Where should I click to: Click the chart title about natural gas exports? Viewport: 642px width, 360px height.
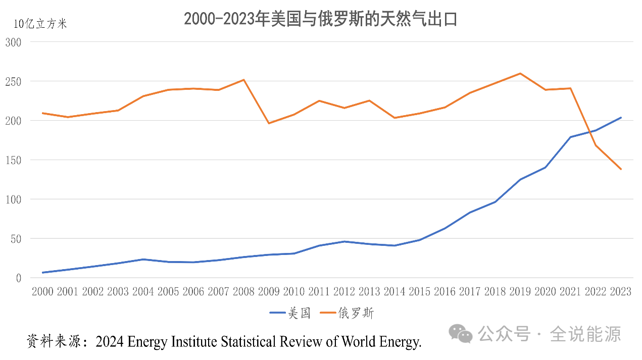320,19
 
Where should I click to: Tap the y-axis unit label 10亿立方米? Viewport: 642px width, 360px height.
40,24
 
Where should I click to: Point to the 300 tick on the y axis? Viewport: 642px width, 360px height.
13,42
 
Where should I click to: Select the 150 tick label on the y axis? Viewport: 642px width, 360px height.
13,160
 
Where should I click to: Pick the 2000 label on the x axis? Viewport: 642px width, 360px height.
42,292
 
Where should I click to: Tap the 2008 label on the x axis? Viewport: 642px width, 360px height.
244,292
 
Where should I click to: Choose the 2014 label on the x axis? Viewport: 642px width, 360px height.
395,292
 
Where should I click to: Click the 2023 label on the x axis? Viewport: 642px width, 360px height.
621,292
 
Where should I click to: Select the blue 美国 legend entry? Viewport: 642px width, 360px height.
290,313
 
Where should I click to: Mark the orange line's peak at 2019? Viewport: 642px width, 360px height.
520,73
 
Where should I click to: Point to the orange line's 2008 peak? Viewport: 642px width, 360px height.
244,80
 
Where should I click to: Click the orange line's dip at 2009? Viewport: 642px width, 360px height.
269,123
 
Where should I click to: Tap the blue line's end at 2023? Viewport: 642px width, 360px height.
621,118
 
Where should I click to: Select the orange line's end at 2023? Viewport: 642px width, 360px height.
621,169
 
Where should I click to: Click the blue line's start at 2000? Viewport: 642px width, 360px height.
43,273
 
